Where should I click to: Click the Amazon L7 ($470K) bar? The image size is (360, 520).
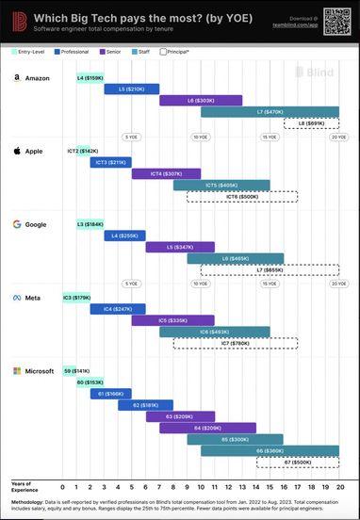click(270, 112)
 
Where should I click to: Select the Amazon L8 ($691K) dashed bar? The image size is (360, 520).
click(311, 123)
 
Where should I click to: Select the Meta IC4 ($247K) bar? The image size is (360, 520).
click(118, 308)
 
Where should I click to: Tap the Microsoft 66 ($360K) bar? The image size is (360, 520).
click(270, 451)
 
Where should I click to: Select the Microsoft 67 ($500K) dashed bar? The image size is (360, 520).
click(297, 463)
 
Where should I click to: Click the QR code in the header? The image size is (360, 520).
click(335, 19)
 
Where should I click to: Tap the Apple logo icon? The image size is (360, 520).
click(16, 150)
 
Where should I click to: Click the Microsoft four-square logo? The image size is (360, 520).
click(16, 370)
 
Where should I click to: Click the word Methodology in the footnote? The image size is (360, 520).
click(31, 502)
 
